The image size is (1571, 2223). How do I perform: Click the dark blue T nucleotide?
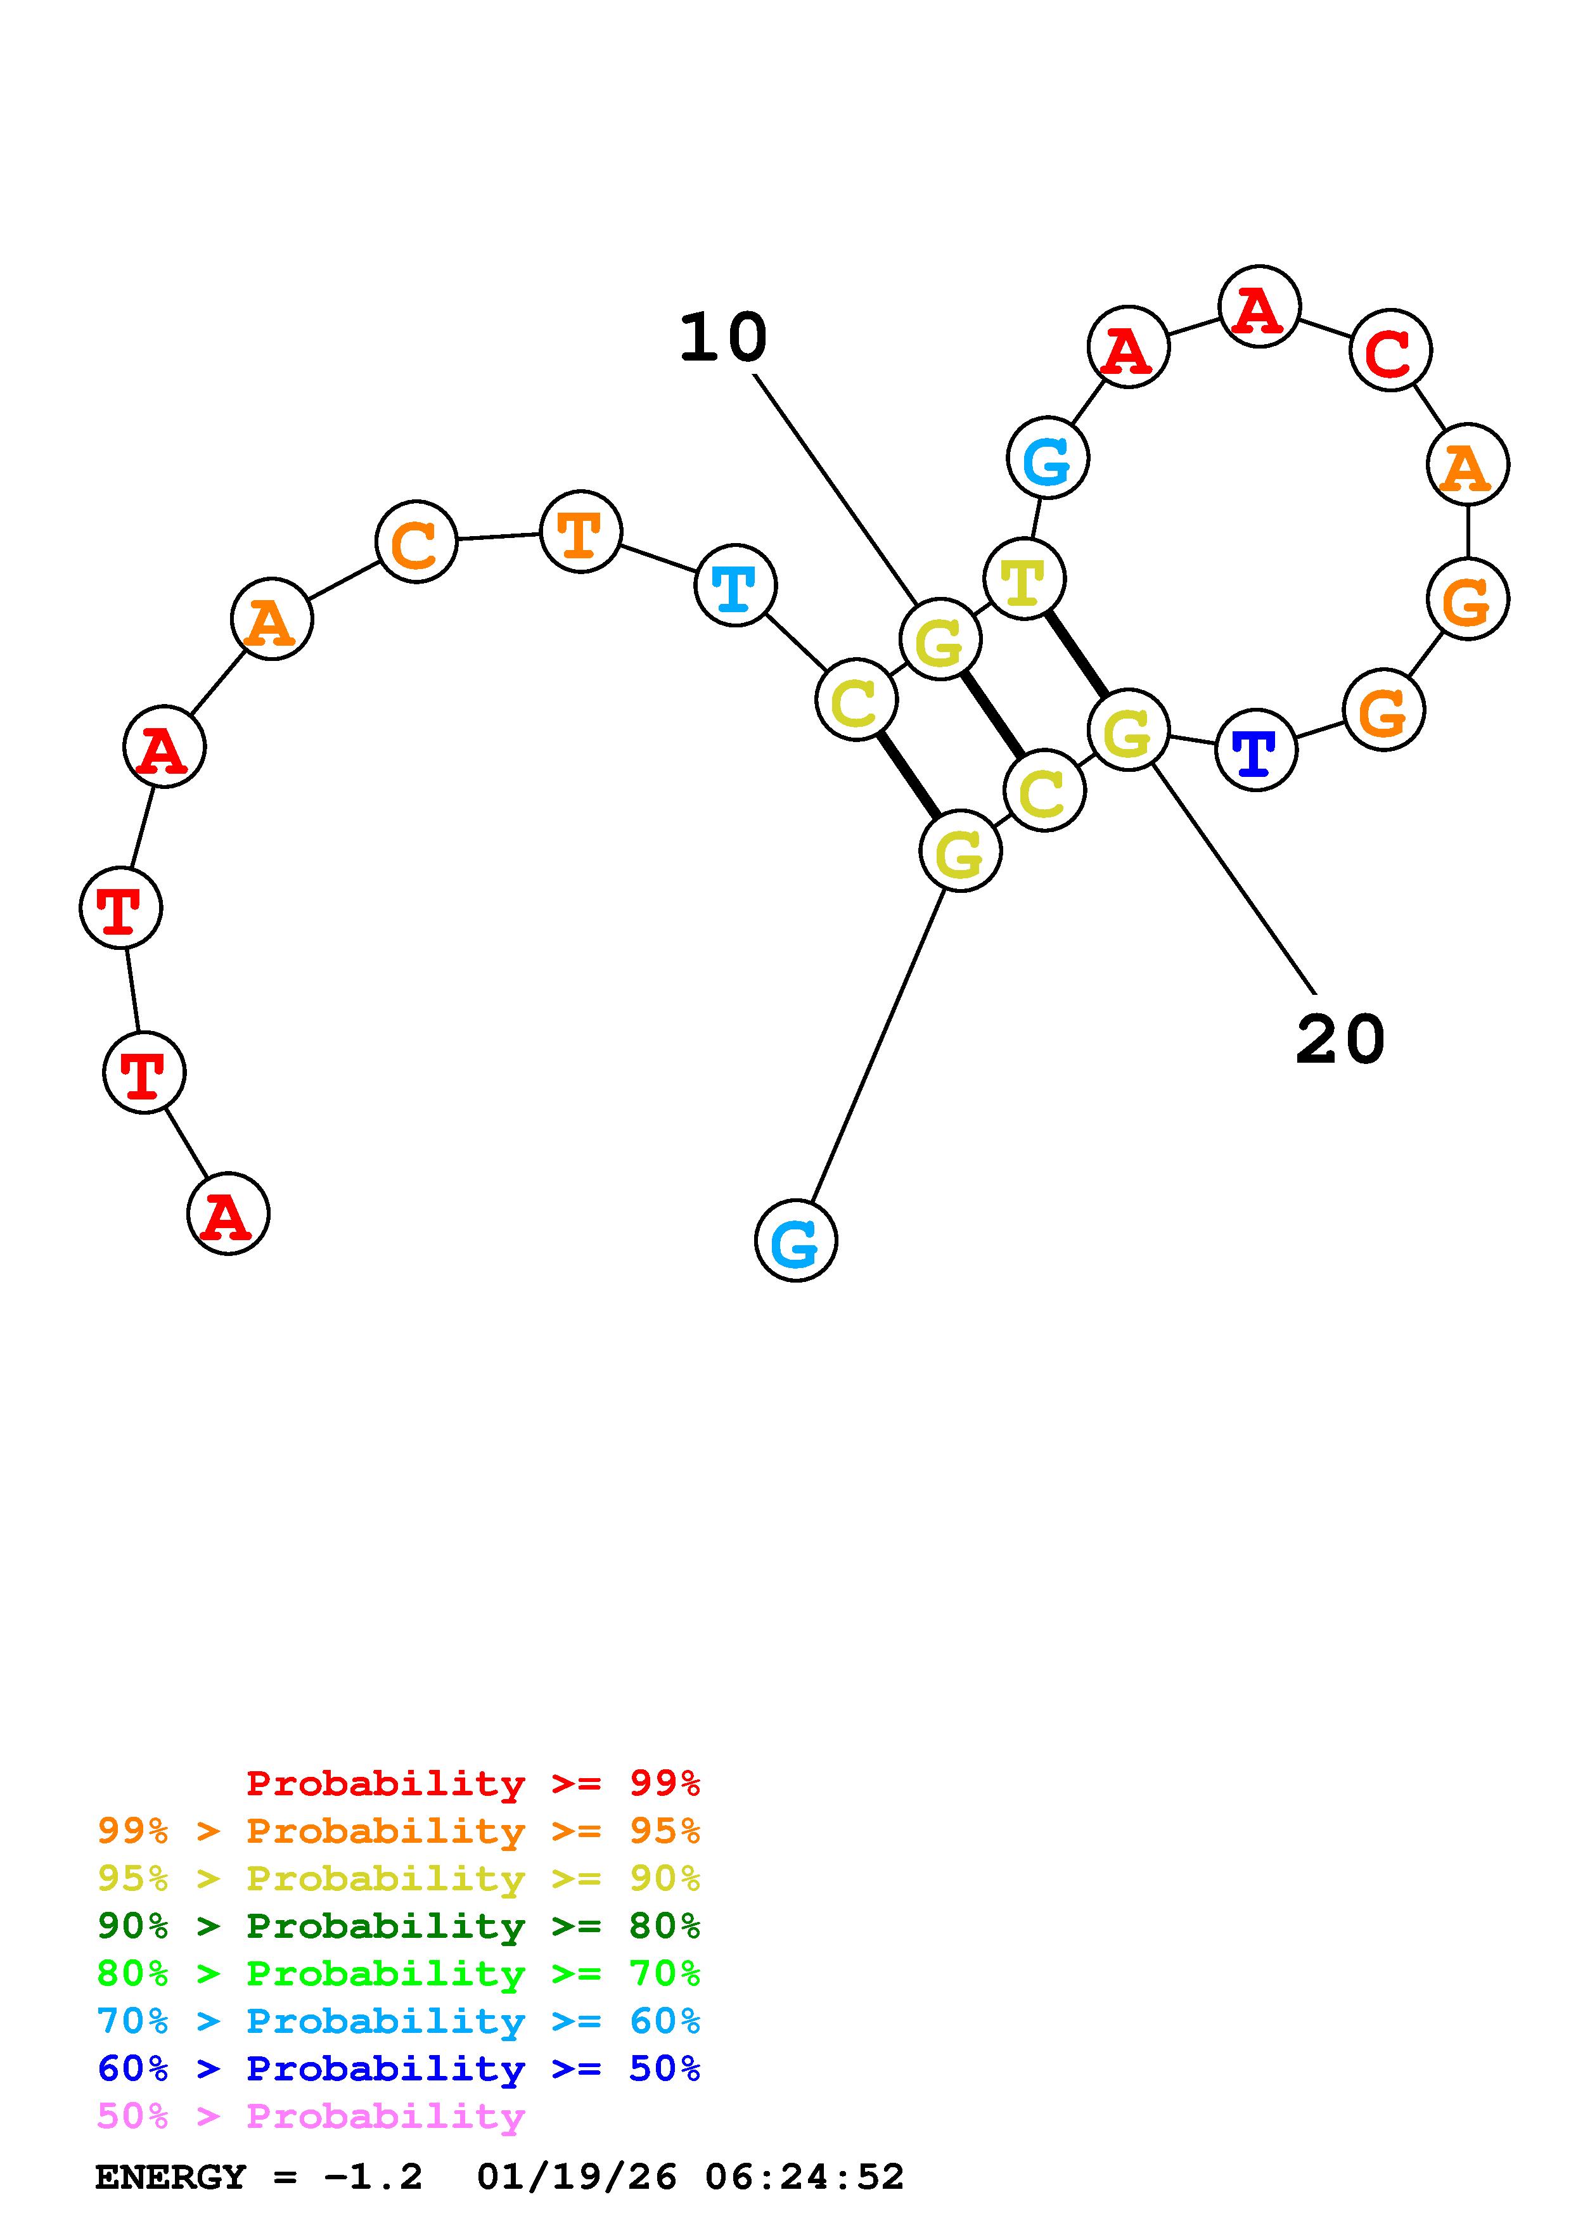[x=1255, y=750]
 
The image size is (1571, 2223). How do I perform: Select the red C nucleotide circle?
[x=1390, y=350]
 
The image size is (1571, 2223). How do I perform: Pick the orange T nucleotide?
[x=580, y=532]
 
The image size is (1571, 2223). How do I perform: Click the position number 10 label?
[x=723, y=339]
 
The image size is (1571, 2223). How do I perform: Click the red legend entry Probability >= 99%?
[x=473, y=1783]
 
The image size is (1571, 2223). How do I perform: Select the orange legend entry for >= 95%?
[x=399, y=1831]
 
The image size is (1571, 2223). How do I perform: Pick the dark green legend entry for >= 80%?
[x=399, y=1926]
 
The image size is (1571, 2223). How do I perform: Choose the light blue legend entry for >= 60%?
[x=399, y=2021]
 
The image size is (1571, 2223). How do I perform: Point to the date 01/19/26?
[x=577, y=2177]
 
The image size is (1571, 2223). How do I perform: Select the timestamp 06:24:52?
[x=804, y=2177]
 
